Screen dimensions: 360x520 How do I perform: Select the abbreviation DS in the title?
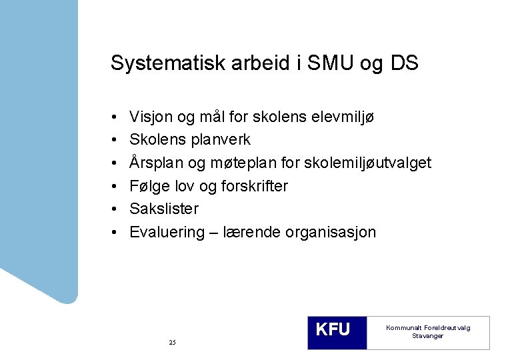[x=404, y=63]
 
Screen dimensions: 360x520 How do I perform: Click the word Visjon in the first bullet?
[x=151, y=117]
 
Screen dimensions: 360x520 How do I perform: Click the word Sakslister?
[x=164, y=209]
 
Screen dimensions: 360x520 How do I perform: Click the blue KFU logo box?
[x=337, y=331]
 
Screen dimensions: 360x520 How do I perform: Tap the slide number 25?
[x=172, y=342]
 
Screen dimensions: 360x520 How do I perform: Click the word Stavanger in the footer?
[x=427, y=336]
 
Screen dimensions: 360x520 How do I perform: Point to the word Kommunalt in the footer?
[x=403, y=328]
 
